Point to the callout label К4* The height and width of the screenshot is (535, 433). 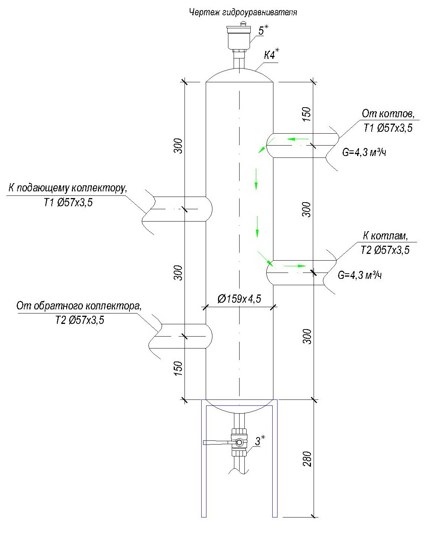click(271, 56)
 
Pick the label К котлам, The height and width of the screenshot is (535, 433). click(385, 236)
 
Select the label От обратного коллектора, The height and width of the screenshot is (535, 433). click(79, 306)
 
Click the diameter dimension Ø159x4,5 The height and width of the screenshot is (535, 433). click(239, 299)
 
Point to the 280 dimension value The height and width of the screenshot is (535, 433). click(307, 459)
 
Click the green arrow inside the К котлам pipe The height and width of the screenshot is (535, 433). click(295, 266)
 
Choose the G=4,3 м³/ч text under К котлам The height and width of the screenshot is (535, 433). click(360, 276)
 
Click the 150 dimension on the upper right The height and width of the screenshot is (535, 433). click(306, 115)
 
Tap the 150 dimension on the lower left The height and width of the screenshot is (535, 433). click(179, 369)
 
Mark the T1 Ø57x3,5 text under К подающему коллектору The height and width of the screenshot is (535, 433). click(65, 203)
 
